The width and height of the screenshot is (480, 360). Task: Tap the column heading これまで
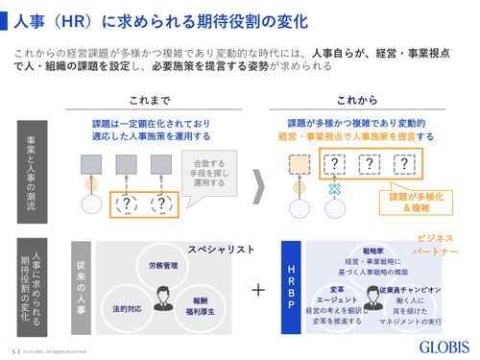[149, 100]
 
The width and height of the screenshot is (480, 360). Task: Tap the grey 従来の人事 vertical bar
[81, 287]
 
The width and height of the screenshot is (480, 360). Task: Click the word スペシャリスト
[221, 250]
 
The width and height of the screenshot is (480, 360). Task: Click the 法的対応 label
[126, 309]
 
